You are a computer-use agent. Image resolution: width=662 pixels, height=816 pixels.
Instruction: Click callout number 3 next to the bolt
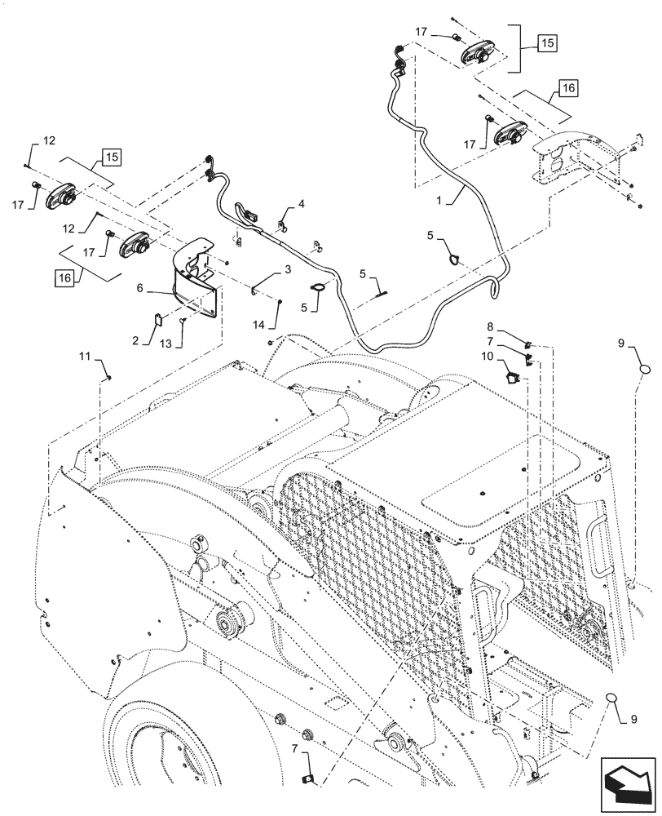pyautogui.click(x=288, y=269)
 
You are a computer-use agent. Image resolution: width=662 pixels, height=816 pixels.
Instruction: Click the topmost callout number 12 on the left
pyautogui.click(x=48, y=140)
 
